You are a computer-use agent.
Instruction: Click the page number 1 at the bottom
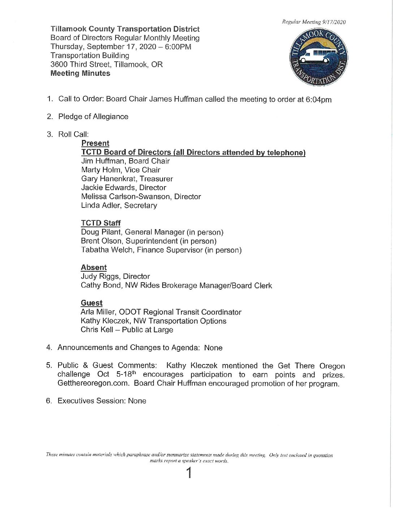189,473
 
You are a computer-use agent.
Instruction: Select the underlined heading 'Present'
95,143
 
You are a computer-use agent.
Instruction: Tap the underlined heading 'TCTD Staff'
101,223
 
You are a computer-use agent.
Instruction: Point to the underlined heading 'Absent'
94,267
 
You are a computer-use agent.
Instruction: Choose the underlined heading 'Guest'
92,303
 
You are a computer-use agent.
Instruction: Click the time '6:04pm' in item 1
318,100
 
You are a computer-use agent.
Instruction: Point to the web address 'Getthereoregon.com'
93,383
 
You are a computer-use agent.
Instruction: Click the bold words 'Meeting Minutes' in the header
80,73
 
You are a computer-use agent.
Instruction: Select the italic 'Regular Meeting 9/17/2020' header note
314,22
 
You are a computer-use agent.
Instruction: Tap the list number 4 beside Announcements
49,347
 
